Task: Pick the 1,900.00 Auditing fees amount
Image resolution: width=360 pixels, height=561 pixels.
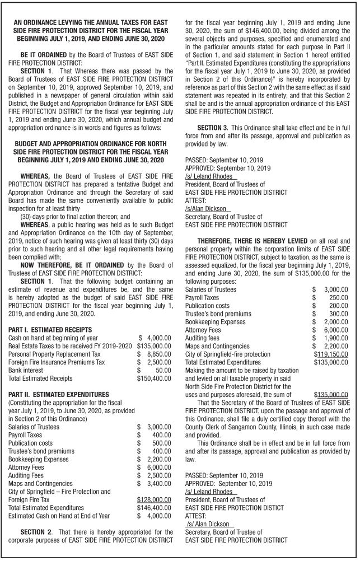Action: point(336,338)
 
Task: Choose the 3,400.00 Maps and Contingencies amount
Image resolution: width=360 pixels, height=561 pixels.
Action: point(158,483)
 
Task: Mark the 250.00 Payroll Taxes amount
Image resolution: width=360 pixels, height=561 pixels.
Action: point(339,298)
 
